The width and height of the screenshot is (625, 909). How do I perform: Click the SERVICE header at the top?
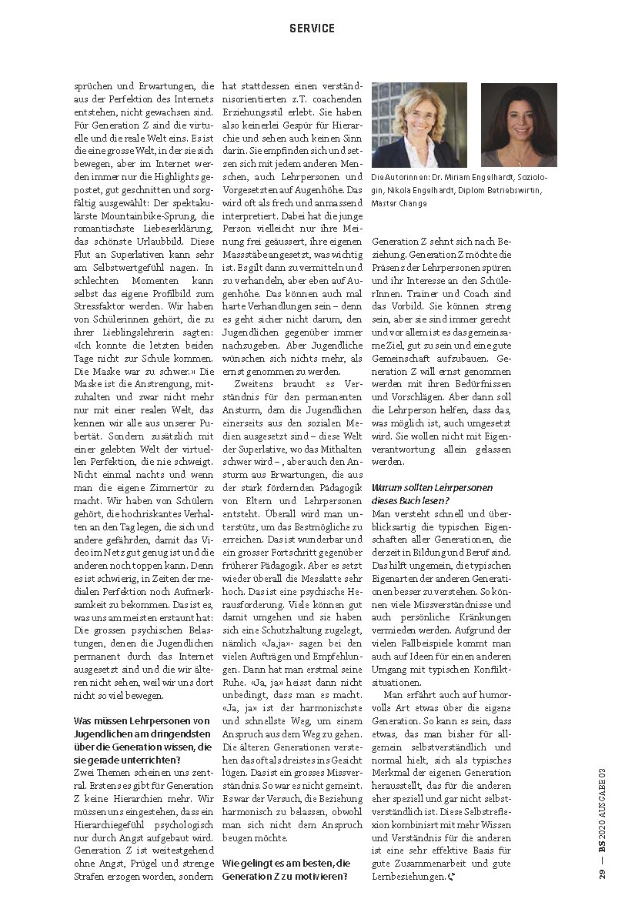[x=312, y=28]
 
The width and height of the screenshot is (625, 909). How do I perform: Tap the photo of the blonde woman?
[x=419, y=125]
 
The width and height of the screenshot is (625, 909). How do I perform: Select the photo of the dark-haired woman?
[x=518, y=125]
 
